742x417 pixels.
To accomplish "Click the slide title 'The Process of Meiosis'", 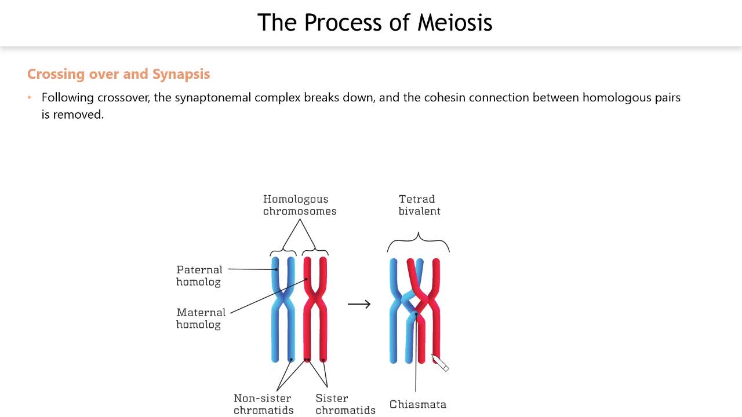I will [x=374, y=23].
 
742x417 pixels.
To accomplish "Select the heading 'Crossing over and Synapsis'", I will [x=118, y=74].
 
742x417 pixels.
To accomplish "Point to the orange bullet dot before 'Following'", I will [x=30, y=98].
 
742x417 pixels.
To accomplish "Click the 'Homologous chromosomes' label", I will [x=299, y=205].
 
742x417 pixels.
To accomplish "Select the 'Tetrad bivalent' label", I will [x=419, y=205].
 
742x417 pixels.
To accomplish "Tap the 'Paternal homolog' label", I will [x=199, y=276].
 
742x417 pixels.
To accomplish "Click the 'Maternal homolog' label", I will [x=201, y=318].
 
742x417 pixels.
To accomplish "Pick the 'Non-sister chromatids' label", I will [x=263, y=404].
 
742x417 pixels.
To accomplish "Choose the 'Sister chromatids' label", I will [x=345, y=404].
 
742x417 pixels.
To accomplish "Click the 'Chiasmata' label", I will [x=417, y=404].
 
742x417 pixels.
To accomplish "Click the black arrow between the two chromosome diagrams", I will [x=359, y=304].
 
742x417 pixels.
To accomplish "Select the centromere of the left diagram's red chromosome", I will [x=315, y=301].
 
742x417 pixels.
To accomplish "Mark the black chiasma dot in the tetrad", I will [x=416, y=314].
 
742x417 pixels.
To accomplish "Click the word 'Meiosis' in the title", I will [x=454, y=23].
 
